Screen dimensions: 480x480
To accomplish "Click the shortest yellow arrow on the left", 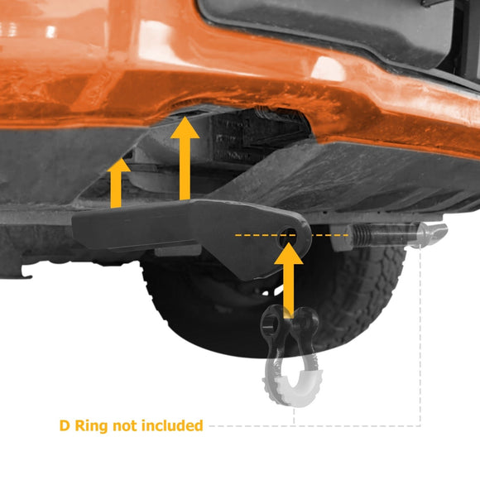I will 120,184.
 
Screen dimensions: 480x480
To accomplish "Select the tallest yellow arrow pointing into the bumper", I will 185,161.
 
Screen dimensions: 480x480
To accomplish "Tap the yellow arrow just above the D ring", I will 288,273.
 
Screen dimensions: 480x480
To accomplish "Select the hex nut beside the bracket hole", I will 338,237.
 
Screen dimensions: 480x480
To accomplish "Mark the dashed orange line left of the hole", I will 252,235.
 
